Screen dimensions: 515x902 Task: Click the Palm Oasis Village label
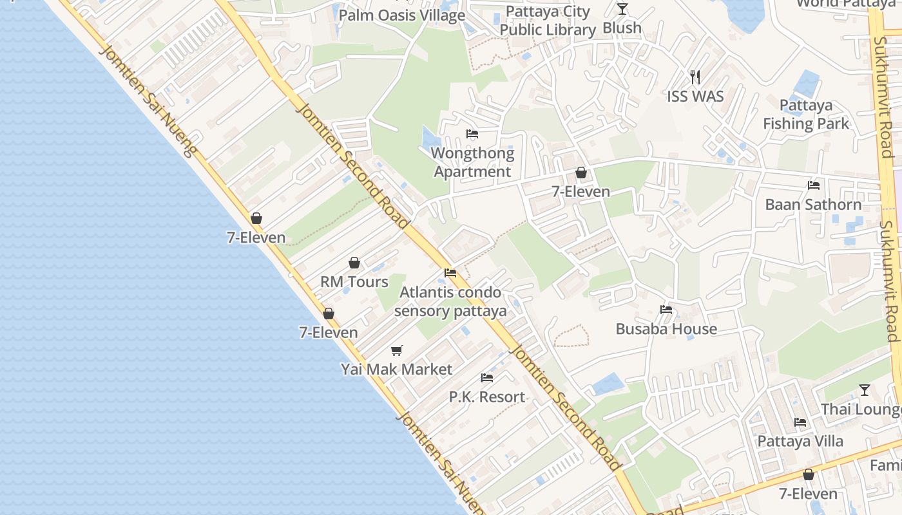(x=401, y=15)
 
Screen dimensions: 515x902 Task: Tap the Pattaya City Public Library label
(x=548, y=21)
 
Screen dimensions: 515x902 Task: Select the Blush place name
(x=622, y=28)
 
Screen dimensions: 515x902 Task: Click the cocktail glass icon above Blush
(x=622, y=9)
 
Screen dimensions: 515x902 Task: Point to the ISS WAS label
(x=695, y=97)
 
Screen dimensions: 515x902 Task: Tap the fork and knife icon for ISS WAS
(x=695, y=77)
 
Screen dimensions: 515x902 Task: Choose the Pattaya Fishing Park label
(x=806, y=115)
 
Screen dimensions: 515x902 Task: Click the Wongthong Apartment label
(x=472, y=162)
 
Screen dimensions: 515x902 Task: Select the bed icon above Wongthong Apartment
(x=472, y=134)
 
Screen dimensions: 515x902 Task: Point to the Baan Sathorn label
(x=813, y=205)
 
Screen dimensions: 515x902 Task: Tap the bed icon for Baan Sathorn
(x=814, y=185)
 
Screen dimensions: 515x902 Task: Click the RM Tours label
(x=354, y=282)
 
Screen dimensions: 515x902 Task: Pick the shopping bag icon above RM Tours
(x=354, y=263)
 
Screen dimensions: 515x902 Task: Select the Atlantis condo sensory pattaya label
(x=450, y=302)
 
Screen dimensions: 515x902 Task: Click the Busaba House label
(x=666, y=329)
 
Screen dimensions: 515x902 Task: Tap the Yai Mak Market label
(x=397, y=370)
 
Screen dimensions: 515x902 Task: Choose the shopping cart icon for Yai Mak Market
(x=397, y=351)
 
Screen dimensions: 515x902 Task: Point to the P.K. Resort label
(x=487, y=397)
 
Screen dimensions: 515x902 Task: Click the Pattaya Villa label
(x=800, y=442)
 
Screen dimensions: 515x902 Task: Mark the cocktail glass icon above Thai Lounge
(x=865, y=390)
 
